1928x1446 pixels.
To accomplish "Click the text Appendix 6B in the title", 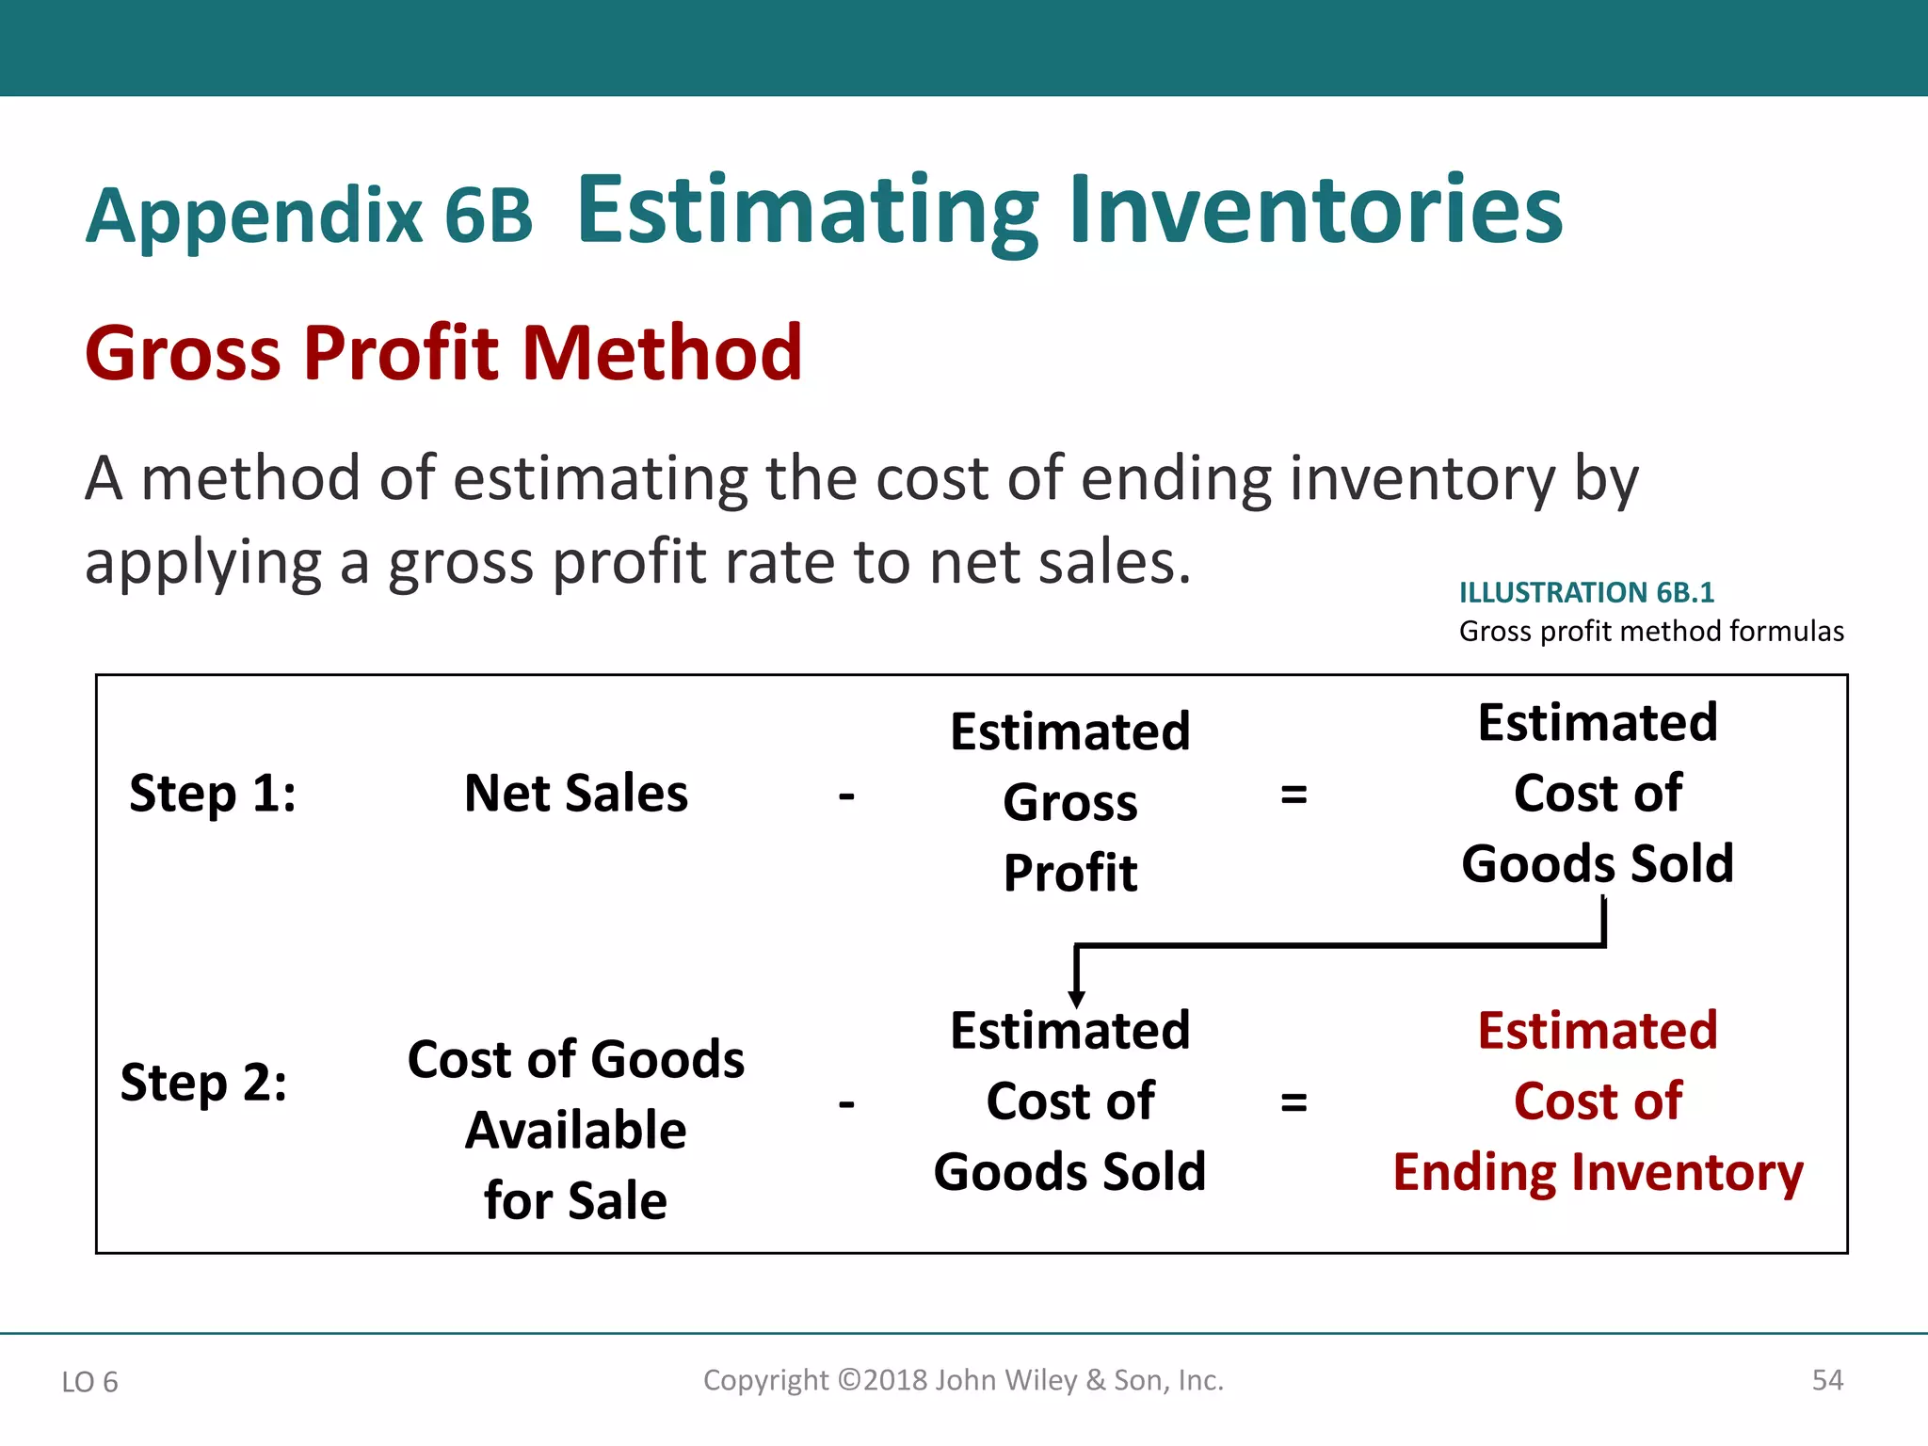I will [309, 216].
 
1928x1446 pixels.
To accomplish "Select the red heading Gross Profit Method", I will [443, 353].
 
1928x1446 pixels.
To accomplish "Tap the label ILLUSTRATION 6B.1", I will [1586, 592].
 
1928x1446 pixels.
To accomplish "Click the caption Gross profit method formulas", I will [1651, 631].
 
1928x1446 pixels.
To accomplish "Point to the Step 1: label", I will [213, 793].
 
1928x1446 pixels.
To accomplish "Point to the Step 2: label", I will [203, 1082].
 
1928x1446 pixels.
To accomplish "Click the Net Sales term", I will [576, 793].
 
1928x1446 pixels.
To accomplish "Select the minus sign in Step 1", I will [846, 796].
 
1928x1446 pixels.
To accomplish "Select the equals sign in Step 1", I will [1293, 795].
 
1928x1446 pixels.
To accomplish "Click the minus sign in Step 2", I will [846, 1102].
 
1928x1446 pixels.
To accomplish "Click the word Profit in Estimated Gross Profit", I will [1070, 873].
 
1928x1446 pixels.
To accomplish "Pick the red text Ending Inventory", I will [1598, 1173].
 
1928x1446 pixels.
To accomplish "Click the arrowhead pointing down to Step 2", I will [1077, 999].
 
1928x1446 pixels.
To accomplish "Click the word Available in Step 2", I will [576, 1130].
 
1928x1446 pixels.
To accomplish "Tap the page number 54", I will [1827, 1380].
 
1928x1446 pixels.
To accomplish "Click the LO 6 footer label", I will [89, 1382].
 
